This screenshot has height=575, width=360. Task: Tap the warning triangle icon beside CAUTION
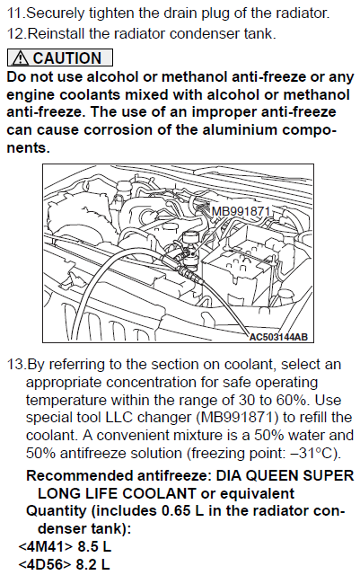tap(20, 57)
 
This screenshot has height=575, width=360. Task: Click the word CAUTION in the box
tap(66, 57)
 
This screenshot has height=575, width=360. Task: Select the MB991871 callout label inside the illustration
tap(241, 211)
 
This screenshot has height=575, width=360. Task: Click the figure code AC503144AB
tap(278, 337)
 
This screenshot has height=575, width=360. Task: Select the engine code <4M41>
tap(46, 546)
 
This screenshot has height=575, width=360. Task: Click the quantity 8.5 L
tap(94, 546)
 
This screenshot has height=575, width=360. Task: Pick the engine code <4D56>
tap(45, 564)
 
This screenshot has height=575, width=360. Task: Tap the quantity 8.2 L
tap(92, 564)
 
